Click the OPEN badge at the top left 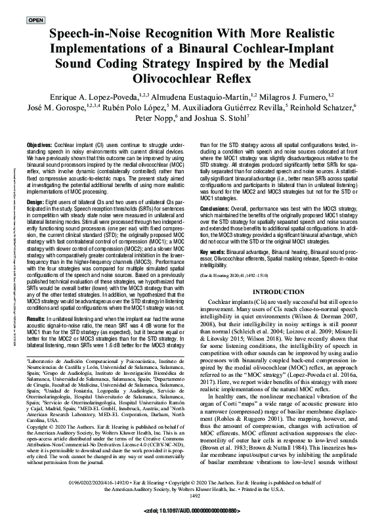[x=35, y=20]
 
